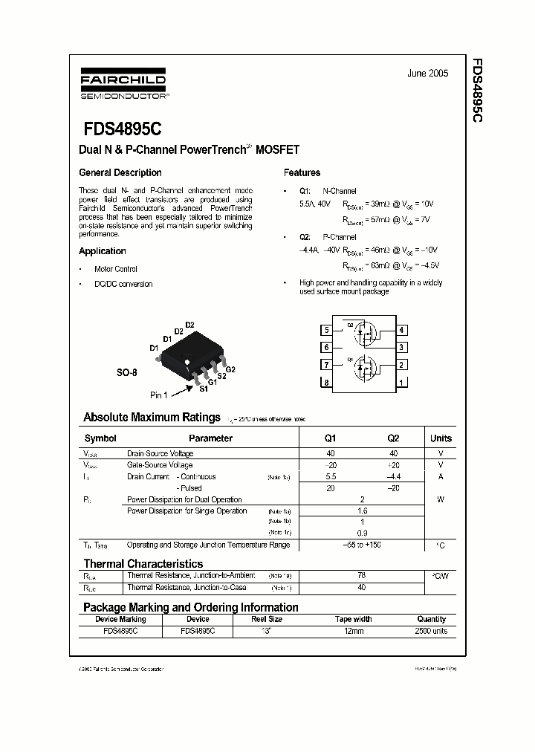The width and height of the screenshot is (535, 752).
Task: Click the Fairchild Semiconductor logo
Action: (123, 85)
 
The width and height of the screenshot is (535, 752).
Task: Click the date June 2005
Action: (428, 74)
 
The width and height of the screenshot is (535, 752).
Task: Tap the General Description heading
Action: (120, 172)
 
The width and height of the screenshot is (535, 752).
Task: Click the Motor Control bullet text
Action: (116, 269)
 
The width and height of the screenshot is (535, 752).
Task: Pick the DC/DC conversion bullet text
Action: (123, 284)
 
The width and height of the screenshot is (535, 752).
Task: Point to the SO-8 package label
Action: (126, 372)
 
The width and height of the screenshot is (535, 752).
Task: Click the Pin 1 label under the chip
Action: (159, 395)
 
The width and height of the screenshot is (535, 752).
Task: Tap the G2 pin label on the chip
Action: (230, 369)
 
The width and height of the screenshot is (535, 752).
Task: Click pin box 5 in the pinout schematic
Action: (326, 330)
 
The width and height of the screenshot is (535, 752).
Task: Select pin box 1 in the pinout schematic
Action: (401, 383)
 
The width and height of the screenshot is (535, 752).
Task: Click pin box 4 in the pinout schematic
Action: (401, 330)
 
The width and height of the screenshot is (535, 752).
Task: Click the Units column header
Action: (441, 438)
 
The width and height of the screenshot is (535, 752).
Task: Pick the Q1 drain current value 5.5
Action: (331, 476)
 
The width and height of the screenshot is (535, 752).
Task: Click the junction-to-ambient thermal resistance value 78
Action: (362, 576)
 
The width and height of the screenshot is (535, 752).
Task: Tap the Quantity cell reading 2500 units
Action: (431, 631)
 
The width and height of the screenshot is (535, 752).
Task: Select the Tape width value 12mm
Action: (354, 631)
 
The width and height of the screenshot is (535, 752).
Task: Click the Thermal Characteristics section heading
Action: (143, 564)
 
